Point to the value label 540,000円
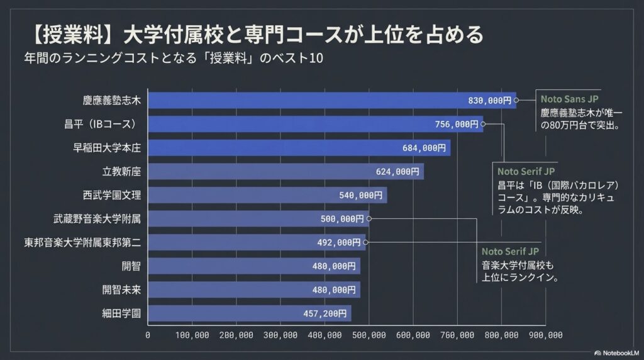pyautogui.click(x=360, y=195)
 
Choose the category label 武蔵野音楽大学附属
pyautogui.click(x=97, y=219)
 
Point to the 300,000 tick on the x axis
pyautogui.click(x=280, y=335)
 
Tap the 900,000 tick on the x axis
pyautogui.click(x=546, y=335)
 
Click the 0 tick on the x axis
pyautogui.click(x=148, y=335)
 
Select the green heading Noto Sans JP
pyautogui.click(x=567, y=99)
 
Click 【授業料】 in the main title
pyautogui.click(x=70, y=33)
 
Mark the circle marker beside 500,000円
pyautogui.click(x=368, y=219)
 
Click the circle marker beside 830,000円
pyautogui.click(x=516, y=100)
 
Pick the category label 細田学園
pyautogui.click(x=121, y=313)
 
